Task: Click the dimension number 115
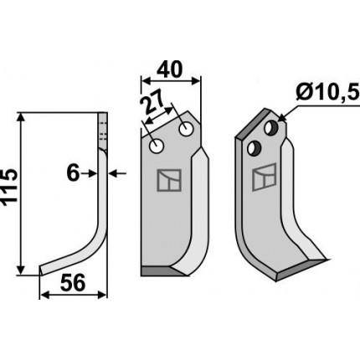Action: [x=9, y=188]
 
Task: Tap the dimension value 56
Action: [x=73, y=283]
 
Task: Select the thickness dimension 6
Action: [x=73, y=173]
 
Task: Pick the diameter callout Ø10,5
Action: [x=327, y=92]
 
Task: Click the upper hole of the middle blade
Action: [x=186, y=129]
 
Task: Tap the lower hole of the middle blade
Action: [x=157, y=146]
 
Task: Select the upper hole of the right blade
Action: [x=271, y=127]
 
